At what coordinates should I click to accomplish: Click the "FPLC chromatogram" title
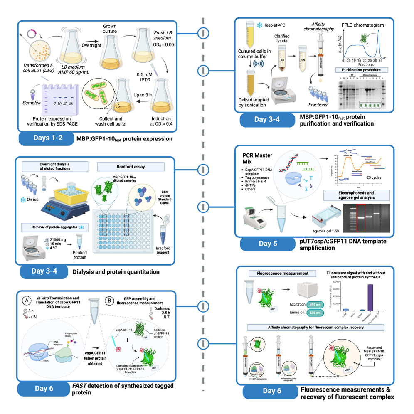362,25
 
